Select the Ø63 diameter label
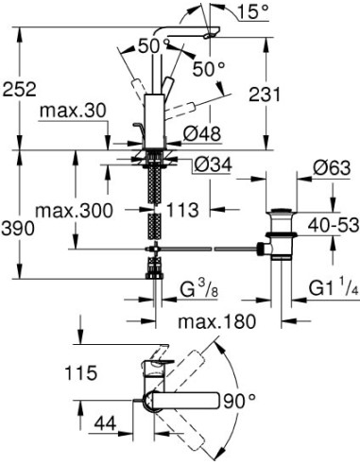click(327, 168)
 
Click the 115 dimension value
click(82, 372)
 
